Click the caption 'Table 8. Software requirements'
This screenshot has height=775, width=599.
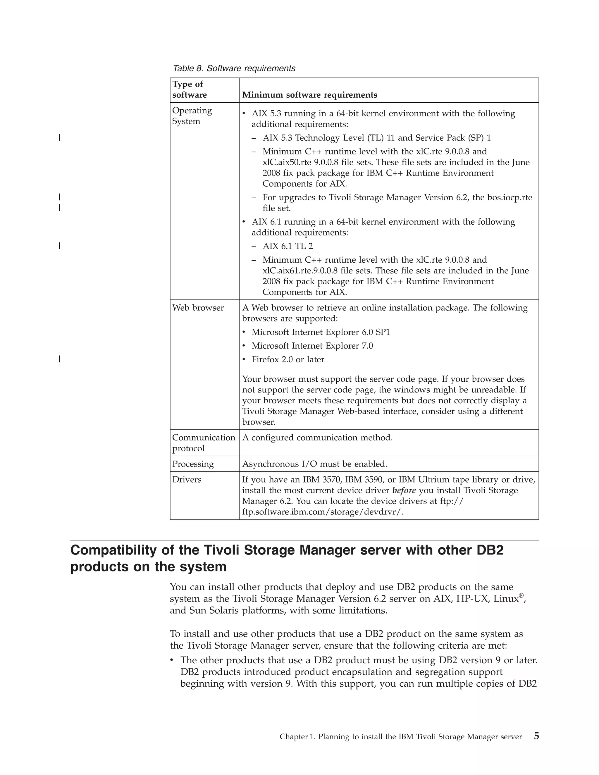pyautogui.click(x=234, y=68)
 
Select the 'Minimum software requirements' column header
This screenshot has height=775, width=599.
pyautogui.click(x=309, y=95)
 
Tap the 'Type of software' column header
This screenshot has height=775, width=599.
pyautogui.click(x=190, y=89)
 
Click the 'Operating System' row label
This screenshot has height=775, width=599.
pyautogui.click(x=192, y=116)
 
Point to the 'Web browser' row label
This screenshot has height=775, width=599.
pyautogui.click(x=198, y=308)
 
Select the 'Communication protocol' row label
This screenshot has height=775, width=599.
pyautogui.click(x=203, y=442)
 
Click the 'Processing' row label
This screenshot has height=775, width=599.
pyautogui.click(x=193, y=464)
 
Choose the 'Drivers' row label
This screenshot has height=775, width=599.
pyautogui.click(x=187, y=479)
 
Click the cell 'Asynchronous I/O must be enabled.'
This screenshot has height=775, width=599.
pyautogui.click(x=314, y=464)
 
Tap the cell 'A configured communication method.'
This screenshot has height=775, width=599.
pyautogui.click(x=317, y=438)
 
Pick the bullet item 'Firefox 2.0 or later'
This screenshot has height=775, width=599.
pyautogui.click(x=288, y=359)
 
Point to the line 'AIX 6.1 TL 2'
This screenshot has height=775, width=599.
pyautogui.click(x=288, y=246)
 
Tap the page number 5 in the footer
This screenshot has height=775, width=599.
pyautogui.click(x=536, y=736)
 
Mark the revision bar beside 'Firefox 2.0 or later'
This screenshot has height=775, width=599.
pyautogui.click(x=60, y=359)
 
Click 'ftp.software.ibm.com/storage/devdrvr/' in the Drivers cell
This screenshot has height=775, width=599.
pyautogui.click(x=323, y=512)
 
